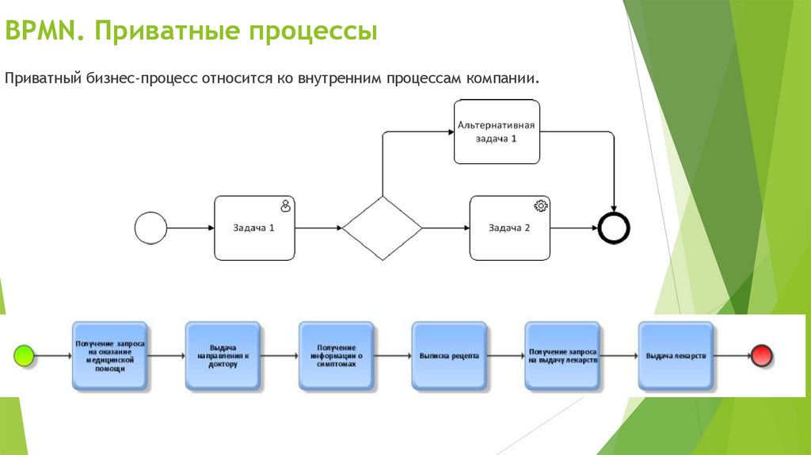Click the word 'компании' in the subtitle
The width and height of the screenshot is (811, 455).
(x=502, y=79)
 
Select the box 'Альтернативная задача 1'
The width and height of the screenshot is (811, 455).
(x=497, y=132)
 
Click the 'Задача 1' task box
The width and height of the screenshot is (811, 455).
(x=254, y=228)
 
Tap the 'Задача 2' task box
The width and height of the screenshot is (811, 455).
(x=509, y=228)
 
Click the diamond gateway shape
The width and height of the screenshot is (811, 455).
(x=383, y=228)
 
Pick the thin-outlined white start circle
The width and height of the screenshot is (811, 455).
(x=150, y=228)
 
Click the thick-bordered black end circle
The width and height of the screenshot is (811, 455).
(x=615, y=228)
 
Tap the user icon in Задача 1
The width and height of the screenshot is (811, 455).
(x=286, y=206)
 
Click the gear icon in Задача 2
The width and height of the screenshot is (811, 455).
(x=541, y=206)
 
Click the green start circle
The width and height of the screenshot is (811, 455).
(x=25, y=356)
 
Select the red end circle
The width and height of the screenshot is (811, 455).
(x=762, y=356)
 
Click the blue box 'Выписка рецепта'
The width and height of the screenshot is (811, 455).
(x=449, y=356)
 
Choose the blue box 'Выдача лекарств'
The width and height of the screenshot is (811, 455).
(x=676, y=356)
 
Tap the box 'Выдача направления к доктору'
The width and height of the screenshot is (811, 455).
(x=223, y=356)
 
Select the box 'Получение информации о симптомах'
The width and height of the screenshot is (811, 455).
(x=336, y=356)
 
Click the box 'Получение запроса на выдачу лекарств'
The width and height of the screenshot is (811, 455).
(x=562, y=356)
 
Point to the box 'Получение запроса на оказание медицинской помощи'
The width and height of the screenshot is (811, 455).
(x=110, y=356)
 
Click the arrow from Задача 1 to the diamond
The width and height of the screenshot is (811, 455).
(x=318, y=228)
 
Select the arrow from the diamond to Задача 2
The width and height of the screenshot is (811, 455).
(x=446, y=228)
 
